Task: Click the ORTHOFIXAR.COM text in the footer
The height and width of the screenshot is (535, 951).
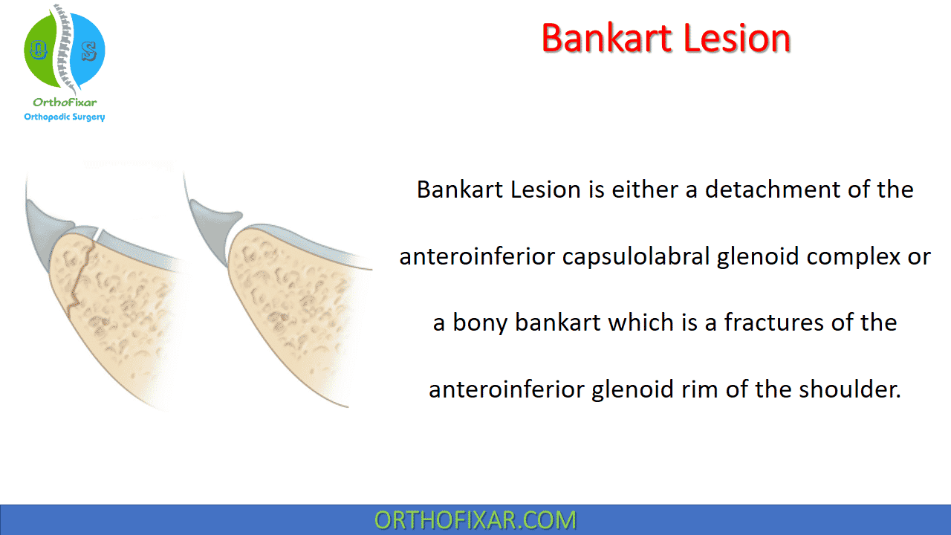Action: click(475, 519)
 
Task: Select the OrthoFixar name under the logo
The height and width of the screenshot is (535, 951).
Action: click(65, 103)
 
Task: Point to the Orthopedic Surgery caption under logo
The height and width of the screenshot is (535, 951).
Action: click(65, 117)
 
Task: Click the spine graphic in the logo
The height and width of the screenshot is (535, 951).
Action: click(65, 48)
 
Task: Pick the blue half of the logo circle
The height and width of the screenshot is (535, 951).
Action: click(88, 50)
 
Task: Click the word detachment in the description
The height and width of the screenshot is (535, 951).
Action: click(773, 189)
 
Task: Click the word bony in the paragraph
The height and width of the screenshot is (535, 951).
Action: click(480, 323)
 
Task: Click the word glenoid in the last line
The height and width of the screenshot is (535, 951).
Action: click(632, 390)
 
